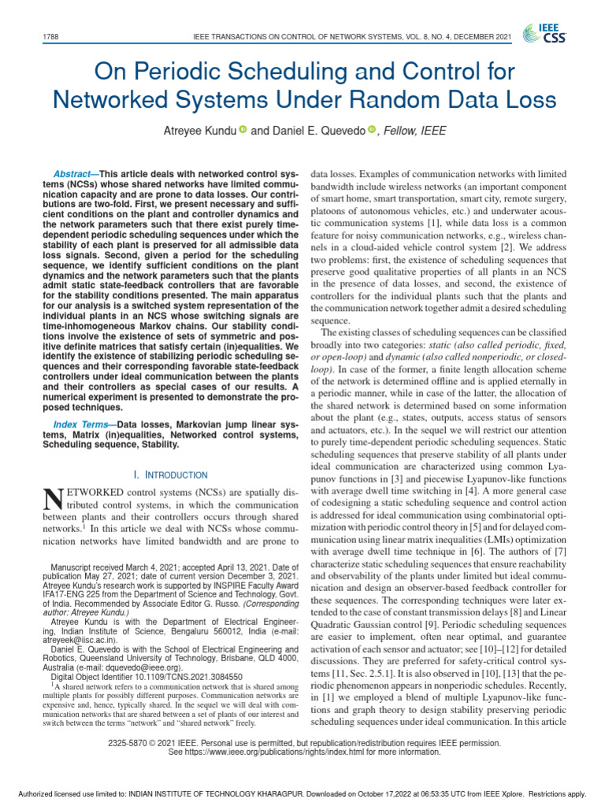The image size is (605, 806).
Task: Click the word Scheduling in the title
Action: (245, 72)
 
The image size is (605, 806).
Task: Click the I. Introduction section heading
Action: (172, 475)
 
